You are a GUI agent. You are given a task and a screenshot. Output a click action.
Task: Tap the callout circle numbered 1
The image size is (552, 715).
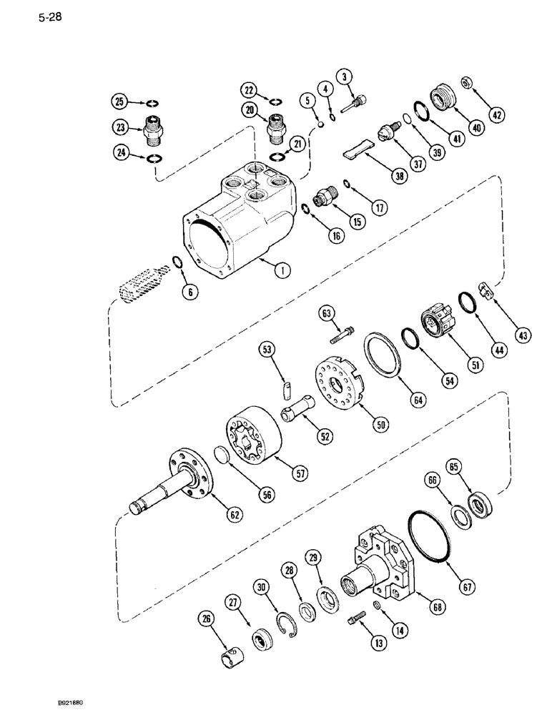click(x=284, y=270)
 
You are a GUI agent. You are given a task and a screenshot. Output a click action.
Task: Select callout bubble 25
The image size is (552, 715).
click(x=119, y=101)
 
